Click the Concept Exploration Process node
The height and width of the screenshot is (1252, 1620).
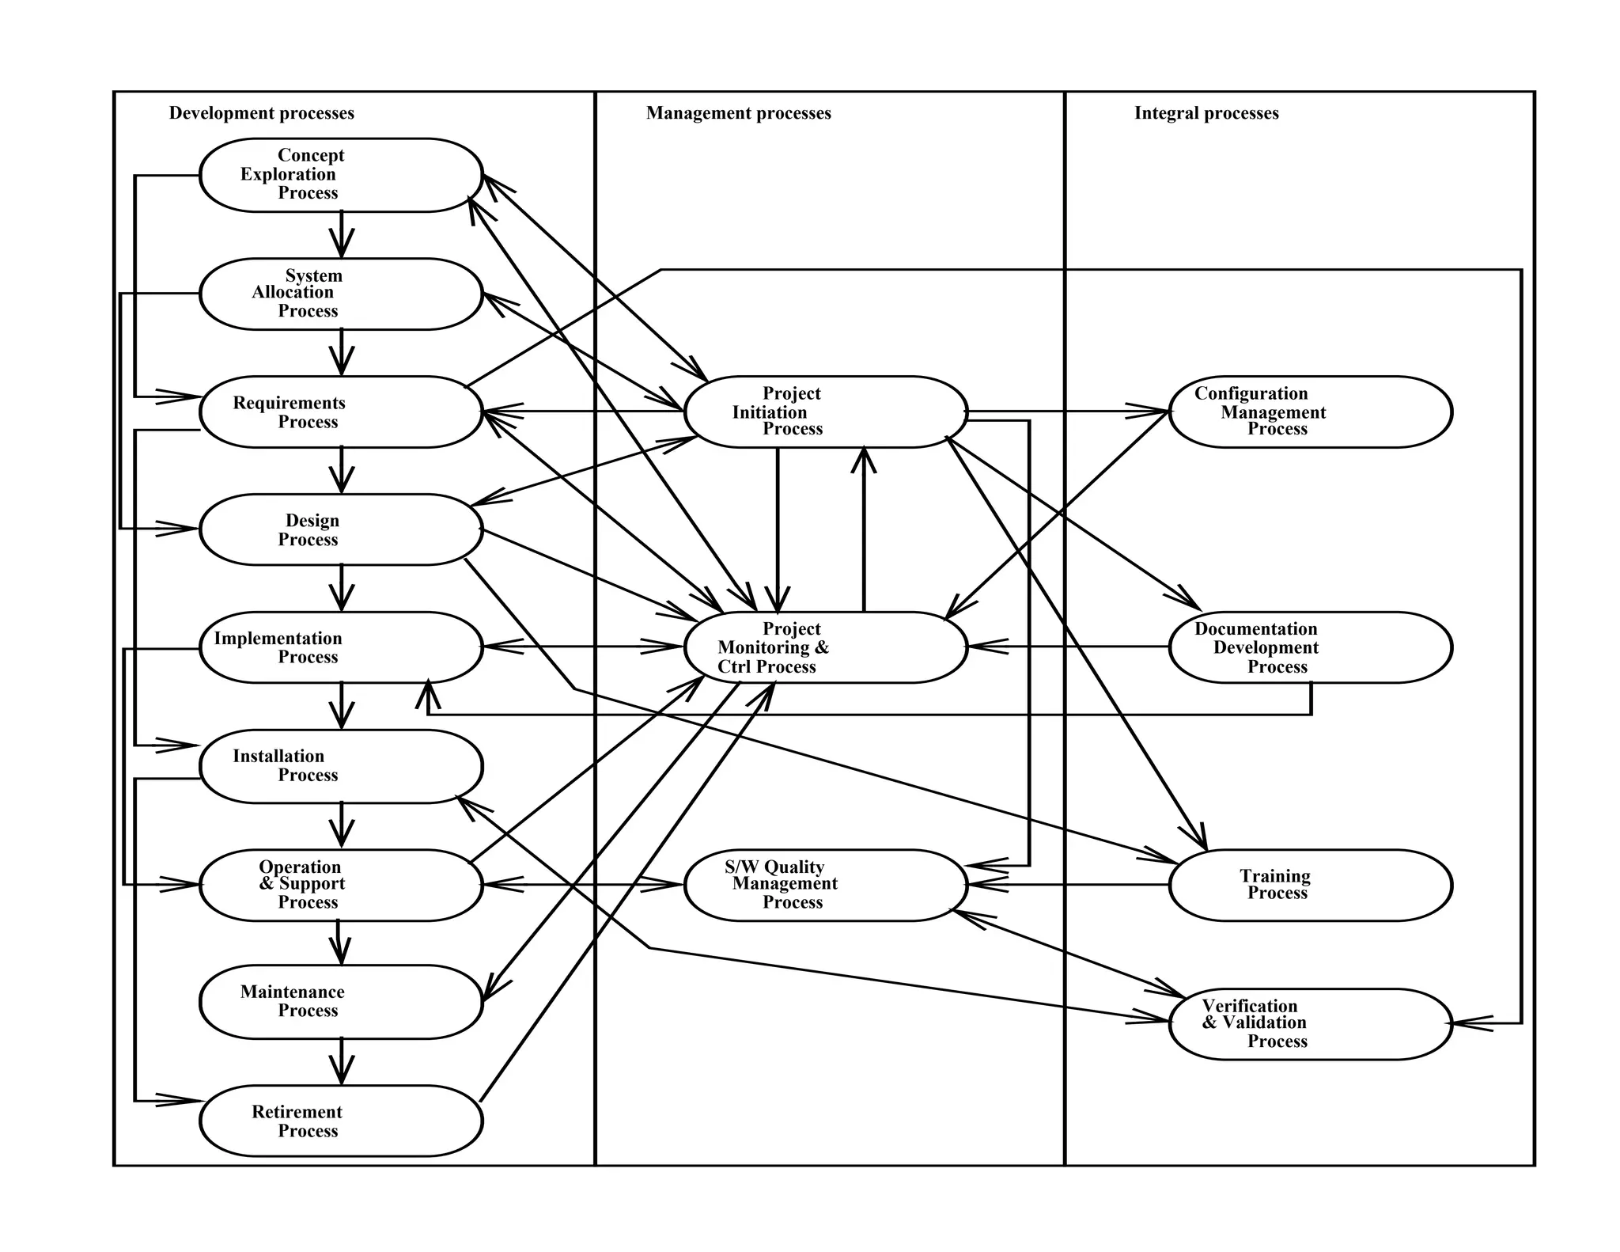(341, 175)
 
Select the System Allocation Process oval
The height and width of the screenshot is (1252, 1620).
(341, 294)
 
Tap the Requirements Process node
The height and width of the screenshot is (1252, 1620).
(341, 412)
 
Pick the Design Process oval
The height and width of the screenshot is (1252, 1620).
(341, 529)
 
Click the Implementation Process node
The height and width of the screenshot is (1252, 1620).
(341, 647)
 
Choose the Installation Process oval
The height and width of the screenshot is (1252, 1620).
(341, 766)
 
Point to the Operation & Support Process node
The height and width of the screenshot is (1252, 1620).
(341, 885)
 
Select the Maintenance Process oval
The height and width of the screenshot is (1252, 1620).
(341, 1001)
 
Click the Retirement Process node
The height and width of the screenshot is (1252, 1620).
(341, 1121)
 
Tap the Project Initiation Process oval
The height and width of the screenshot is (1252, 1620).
(825, 412)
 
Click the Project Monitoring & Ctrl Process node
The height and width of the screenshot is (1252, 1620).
(825, 647)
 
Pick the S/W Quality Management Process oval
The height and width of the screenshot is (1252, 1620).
(825, 885)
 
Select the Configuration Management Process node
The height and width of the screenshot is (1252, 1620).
(1310, 412)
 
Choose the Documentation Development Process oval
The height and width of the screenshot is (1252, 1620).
(1310, 647)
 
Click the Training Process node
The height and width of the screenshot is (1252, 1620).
(1310, 885)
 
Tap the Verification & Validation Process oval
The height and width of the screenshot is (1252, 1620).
(1310, 1023)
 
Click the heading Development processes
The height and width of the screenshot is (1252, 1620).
(261, 113)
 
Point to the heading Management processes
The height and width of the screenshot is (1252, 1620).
(738, 113)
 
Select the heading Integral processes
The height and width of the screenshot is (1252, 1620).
(1206, 113)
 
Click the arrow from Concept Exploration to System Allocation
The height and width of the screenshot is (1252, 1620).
(341, 235)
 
